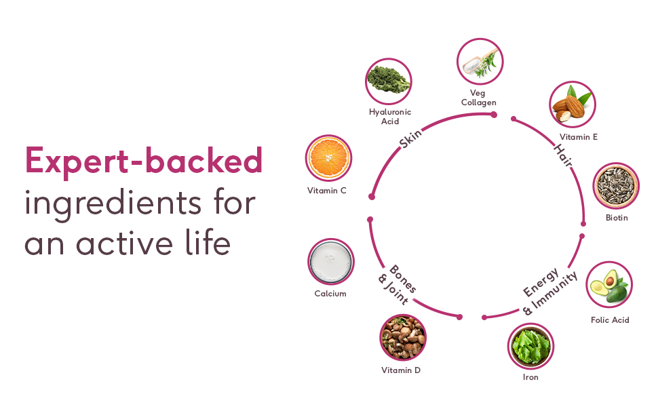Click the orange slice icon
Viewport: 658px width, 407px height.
pos(328,158)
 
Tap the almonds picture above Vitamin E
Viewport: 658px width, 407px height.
pos(572,105)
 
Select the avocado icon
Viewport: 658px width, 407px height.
pos(609,285)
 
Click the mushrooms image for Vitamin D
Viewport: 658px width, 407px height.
pos(403,337)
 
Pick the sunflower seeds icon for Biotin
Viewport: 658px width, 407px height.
pos(616,185)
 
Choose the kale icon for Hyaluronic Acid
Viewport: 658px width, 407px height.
pos(389,79)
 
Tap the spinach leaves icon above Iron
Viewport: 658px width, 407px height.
pos(530,346)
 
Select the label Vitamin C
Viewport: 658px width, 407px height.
pos(327,191)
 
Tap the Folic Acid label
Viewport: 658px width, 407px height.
pos(610,320)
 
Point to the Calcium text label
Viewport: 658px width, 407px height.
pos(330,294)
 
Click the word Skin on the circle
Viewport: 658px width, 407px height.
pos(410,138)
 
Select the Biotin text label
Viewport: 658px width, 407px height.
pos(617,218)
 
